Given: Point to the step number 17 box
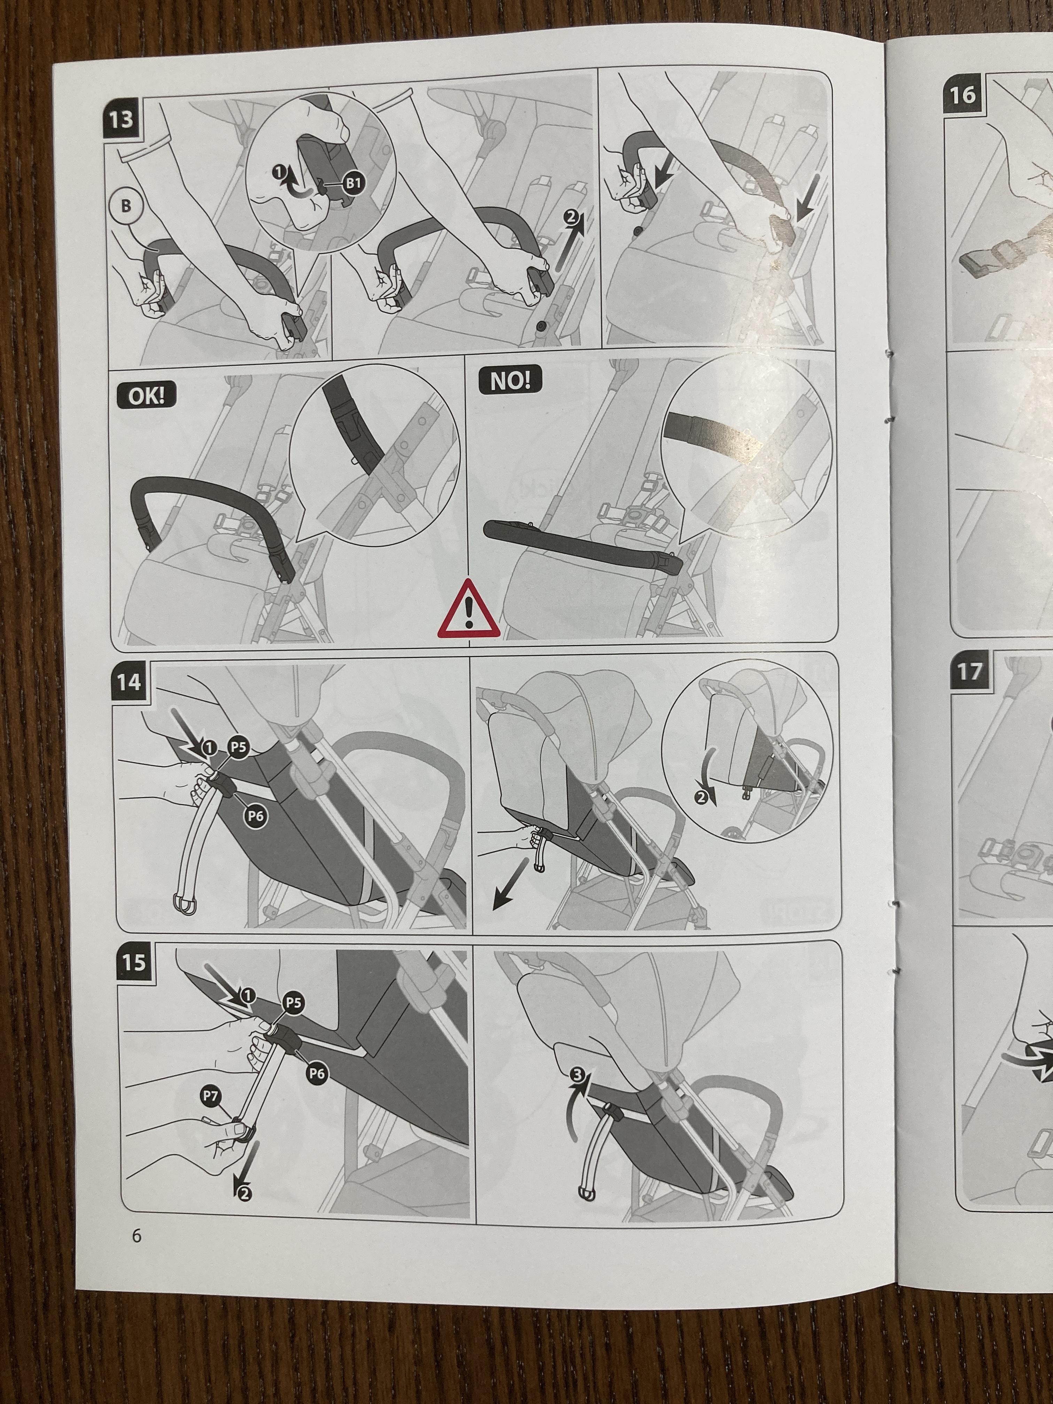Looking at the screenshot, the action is pos(969,672).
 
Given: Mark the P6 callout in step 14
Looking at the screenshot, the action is pos(255,817).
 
